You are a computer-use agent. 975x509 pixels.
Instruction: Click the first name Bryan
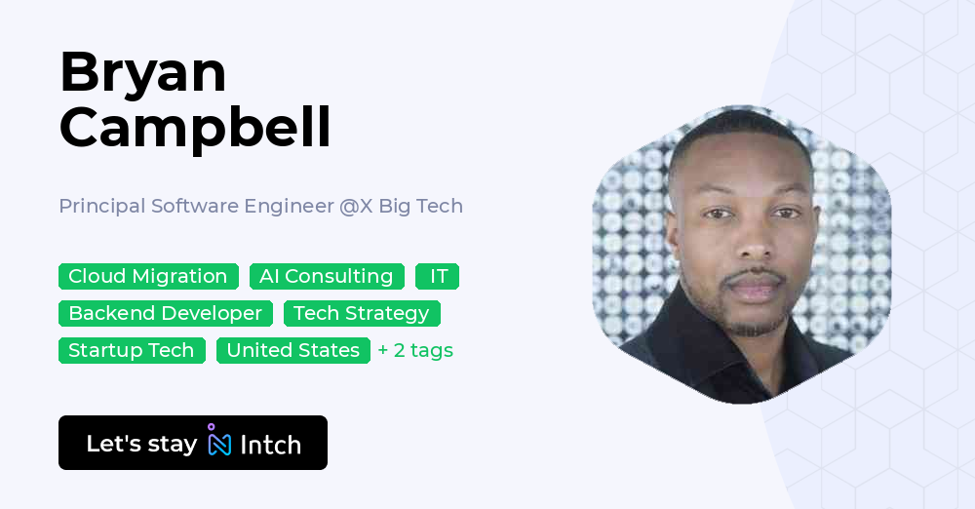tap(142, 73)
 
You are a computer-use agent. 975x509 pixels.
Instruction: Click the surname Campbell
tap(195, 127)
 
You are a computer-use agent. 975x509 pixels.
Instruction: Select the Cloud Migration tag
tap(148, 277)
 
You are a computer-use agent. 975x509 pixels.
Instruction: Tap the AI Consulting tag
tap(327, 277)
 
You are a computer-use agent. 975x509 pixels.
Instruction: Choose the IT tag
tap(438, 277)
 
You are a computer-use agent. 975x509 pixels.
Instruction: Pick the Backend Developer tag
tap(165, 314)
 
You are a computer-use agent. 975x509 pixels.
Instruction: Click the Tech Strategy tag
tap(362, 314)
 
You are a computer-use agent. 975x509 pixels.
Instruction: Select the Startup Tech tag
tap(132, 351)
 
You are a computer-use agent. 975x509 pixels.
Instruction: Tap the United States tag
tap(293, 351)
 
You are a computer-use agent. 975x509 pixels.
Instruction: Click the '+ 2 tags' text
tap(415, 351)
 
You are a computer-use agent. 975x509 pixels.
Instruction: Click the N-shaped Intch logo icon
tap(219, 443)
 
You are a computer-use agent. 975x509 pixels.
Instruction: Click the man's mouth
tap(754, 290)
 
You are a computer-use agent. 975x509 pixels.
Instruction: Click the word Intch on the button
tap(270, 445)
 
